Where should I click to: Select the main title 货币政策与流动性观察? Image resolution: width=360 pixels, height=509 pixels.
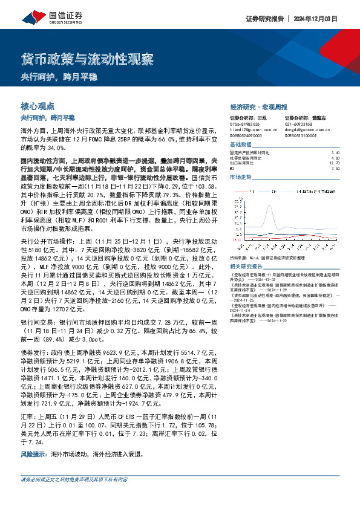87,59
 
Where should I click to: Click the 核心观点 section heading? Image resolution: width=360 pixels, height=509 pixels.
38,105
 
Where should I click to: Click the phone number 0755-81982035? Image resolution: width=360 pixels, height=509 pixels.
246,125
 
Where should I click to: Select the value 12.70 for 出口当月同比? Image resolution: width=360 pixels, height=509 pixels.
335,163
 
